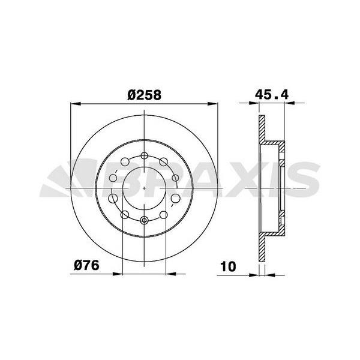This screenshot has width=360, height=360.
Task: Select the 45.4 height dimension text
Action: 272,94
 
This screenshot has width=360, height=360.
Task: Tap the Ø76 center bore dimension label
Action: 86,265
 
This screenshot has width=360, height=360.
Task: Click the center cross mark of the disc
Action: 146,187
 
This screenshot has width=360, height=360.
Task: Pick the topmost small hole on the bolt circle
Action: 146,156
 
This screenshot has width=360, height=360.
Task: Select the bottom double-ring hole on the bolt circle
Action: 146,220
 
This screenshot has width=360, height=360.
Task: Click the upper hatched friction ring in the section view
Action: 262,129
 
